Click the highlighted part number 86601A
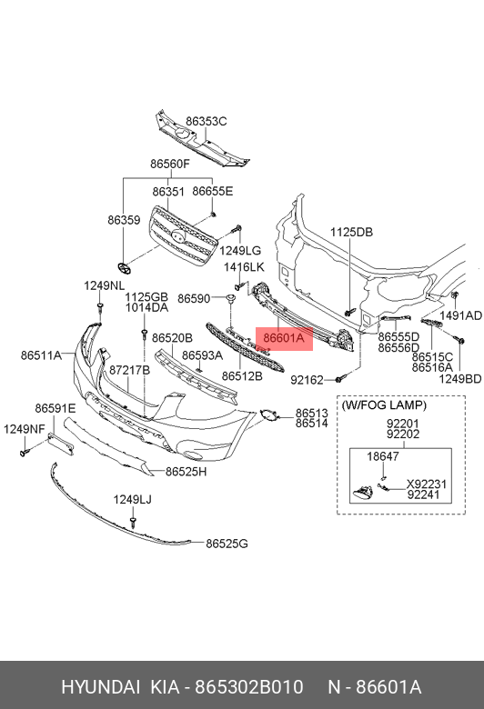tap(285, 338)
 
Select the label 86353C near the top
tap(206, 121)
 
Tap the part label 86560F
tap(170, 164)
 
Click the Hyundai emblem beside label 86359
tap(124, 267)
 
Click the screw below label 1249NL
tap(100, 310)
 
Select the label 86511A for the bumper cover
tap(41, 355)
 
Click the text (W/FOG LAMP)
tap(384, 404)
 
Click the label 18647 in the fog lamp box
tap(383, 456)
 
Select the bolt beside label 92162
tap(340, 378)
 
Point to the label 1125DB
tap(351, 232)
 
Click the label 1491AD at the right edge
tap(461, 315)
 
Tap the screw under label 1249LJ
tap(133, 523)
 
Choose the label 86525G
tap(227, 544)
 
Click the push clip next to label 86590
tap(231, 298)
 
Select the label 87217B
tap(129, 370)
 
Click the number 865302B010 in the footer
tap(249, 687)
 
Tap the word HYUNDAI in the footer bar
tap(100, 687)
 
